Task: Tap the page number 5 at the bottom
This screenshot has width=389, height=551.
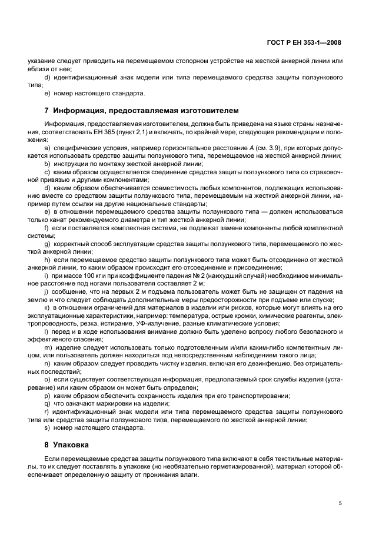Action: (x=340, y=503)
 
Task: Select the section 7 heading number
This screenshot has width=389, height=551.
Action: (x=46, y=110)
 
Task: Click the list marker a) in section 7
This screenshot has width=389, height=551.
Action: (x=46, y=148)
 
